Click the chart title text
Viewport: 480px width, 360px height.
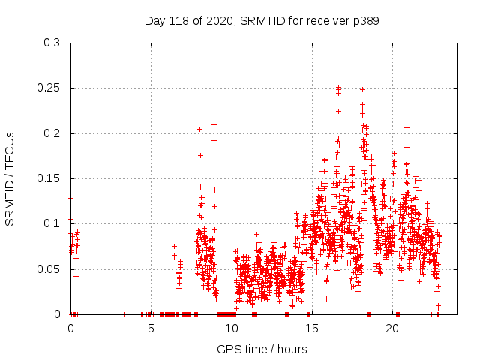tap(261, 21)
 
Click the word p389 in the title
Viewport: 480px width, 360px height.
tap(363, 21)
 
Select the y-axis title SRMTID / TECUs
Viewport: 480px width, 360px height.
tap(10, 178)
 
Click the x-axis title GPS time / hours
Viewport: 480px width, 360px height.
tap(261, 349)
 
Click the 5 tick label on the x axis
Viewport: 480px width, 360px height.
tap(151, 328)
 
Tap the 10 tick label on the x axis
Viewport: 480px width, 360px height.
tap(231, 328)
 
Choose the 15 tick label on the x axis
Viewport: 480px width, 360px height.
tap(311, 328)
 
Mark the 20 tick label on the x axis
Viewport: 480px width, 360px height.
tap(391, 328)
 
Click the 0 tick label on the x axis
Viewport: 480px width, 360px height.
tap(70, 328)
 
